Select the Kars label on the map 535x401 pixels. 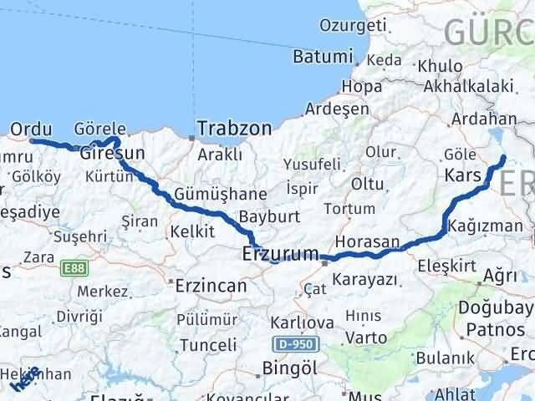[x=463, y=176]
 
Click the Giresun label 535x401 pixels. [x=113, y=154]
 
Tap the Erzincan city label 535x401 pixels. [x=211, y=286]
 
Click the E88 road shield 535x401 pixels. [x=74, y=268]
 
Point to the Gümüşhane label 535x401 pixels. [x=221, y=194]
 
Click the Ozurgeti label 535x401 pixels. [x=338, y=28]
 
